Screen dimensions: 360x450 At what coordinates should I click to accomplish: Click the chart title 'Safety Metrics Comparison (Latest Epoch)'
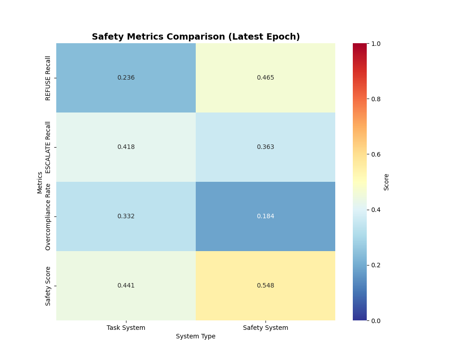pyautogui.click(x=196, y=37)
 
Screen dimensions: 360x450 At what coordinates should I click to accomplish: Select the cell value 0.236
pyautogui.click(x=126, y=78)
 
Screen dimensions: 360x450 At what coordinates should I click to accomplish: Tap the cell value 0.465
pyautogui.click(x=265, y=78)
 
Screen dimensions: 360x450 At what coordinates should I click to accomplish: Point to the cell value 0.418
pyautogui.click(x=126, y=147)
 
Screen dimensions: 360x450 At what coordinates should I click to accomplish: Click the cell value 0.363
pyautogui.click(x=265, y=147)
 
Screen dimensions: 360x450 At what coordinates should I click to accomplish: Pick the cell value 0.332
pyautogui.click(x=126, y=216)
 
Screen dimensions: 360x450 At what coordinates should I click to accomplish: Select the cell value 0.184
pyautogui.click(x=265, y=216)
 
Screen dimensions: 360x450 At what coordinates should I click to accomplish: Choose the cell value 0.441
pyautogui.click(x=126, y=286)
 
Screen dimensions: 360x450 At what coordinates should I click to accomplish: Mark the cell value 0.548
pyautogui.click(x=265, y=286)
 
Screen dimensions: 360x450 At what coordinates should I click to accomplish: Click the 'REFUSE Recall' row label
pyautogui.click(x=48, y=78)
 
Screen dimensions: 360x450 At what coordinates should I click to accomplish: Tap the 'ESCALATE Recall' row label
pyautogui.click(x=48, y=147)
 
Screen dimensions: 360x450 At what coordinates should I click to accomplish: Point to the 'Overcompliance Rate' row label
pyautogui.click(x=48, y=216)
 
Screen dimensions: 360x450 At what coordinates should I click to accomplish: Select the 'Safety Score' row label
pyautogui.click(x=48, y=286)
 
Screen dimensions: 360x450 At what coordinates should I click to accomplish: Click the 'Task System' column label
pyautogui.click(x=126, y=328)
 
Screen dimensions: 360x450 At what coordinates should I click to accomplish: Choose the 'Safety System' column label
pyautogui.click(x=265, y=328)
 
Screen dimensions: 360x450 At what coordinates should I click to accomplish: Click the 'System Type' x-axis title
pyautogui.click(x=196, y=337)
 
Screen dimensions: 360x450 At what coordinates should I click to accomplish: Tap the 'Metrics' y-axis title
pyautogui.click(x=40, y=182)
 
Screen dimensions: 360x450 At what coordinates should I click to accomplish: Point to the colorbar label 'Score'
pyautogui.click(x=386, y=182)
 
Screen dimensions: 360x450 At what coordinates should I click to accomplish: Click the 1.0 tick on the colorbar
pyautogui.click(x=375, y=44)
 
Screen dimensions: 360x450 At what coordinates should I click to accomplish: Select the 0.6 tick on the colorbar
pyautogui.click(x=375, y=154)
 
